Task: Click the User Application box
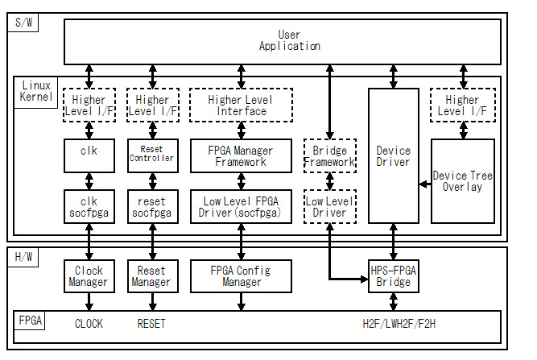288,41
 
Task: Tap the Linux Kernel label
35,91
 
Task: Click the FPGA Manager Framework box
241,156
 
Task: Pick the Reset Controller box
152,155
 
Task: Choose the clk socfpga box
89,207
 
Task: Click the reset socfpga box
152,207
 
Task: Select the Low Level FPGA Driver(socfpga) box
241,207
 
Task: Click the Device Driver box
393,156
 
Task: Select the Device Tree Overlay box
462,181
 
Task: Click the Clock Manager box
89,276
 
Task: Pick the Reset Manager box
152,276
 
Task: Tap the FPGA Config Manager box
241,276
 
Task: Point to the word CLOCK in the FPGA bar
89,325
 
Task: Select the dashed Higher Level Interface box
241,106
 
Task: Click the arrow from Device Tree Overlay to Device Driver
425,184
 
